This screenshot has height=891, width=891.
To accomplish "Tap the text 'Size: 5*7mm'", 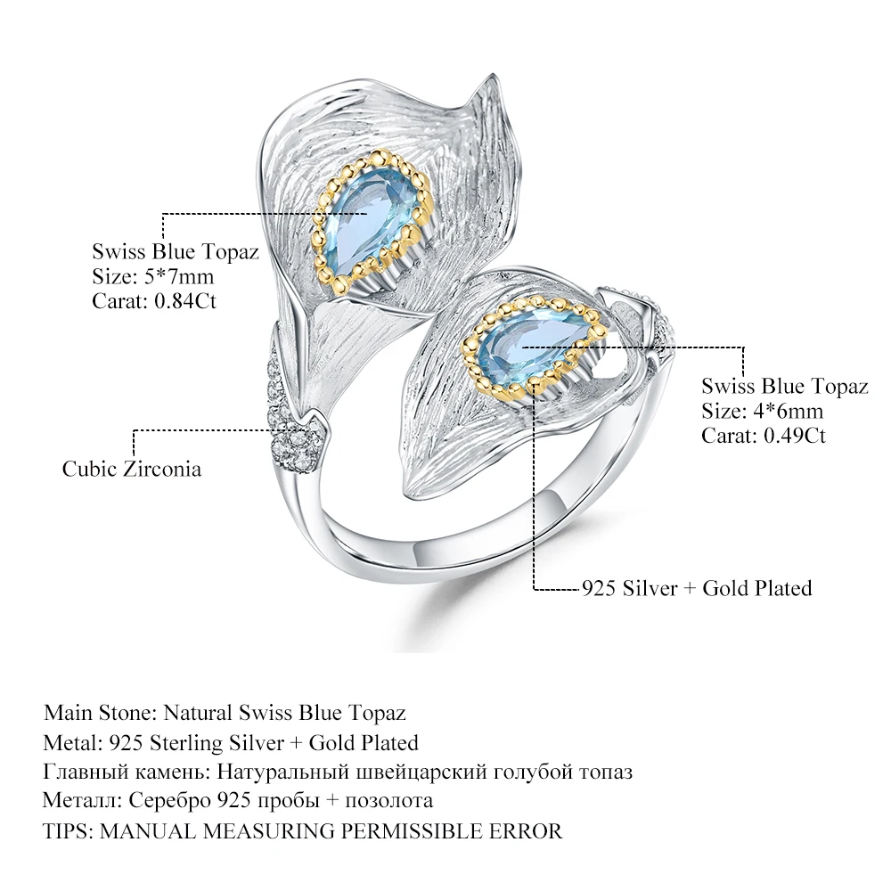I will pos(152,276).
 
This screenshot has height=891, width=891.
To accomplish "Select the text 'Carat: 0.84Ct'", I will pos(154,300).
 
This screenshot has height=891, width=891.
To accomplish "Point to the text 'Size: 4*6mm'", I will pos(762,411).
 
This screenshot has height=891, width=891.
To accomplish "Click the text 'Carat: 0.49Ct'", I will pos(764,436).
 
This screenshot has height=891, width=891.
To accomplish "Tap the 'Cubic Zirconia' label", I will pos(132,469).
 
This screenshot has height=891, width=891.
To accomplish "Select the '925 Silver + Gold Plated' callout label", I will pos(696,587).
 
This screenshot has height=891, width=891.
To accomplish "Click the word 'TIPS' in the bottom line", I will pos(67,830).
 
